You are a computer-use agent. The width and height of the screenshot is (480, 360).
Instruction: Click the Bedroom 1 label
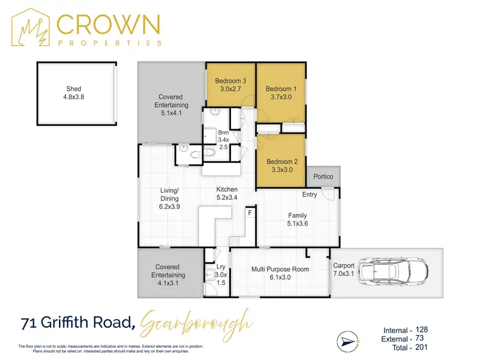click(x=281, y=93)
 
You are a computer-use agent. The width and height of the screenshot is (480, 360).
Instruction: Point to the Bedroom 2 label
click(x=281, y=166)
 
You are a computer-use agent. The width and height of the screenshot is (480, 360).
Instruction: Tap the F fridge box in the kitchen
click(x=250, y=212)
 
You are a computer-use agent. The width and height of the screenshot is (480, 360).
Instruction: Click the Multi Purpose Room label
click(x=280, y=274)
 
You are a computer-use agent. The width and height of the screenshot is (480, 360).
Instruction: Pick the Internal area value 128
click(x=421, y=329)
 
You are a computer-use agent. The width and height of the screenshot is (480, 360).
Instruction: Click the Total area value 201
click(x=421, y=347)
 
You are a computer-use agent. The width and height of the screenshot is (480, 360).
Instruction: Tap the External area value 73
click(x=419, y=338)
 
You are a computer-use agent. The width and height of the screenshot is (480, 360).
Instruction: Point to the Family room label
click(x=298, y=220)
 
